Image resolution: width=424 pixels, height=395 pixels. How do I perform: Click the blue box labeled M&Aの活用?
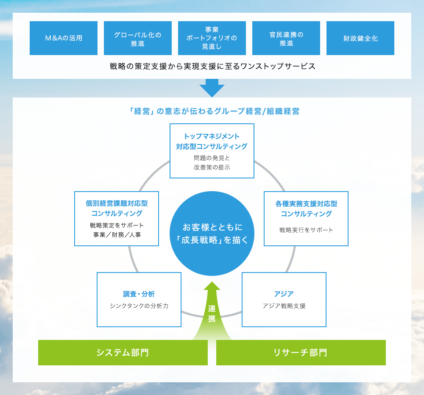click(64, 38)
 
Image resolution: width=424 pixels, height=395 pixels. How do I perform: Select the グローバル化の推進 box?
click(138, 38)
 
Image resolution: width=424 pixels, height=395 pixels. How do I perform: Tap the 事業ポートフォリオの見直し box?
click(212, 38)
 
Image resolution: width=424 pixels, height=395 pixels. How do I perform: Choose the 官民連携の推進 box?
click(286, 38)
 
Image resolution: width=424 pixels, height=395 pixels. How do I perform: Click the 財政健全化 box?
click(360, 38)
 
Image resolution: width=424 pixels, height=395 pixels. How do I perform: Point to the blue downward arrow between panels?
click(212, 88)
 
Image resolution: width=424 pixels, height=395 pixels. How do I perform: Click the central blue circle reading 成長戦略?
click(212, 233)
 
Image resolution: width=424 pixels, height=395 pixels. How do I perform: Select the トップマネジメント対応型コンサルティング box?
click(212, 151)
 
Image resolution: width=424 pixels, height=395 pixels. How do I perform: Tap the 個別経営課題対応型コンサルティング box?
click(117, 219)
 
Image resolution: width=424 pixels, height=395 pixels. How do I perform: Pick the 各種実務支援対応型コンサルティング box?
click(306, 219)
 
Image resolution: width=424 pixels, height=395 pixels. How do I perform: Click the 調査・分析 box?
click(139, 299)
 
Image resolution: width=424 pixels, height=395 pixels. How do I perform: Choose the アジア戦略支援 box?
click(284, 299)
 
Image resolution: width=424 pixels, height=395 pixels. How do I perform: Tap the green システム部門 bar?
click(123, 353)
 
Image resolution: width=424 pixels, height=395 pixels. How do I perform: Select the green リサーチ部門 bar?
click(301, 353)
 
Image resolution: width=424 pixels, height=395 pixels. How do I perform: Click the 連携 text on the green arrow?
click(212, 314)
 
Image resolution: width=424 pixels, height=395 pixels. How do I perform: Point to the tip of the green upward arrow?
click(212, 283)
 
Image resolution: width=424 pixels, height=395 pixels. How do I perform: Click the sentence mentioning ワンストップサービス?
click(212, 67)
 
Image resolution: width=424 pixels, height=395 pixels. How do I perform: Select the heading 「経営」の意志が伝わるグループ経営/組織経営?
click(215, 111)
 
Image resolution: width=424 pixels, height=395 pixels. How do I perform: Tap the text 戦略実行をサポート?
click(306, 230)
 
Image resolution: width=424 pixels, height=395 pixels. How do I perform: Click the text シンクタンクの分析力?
click(139, 306)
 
